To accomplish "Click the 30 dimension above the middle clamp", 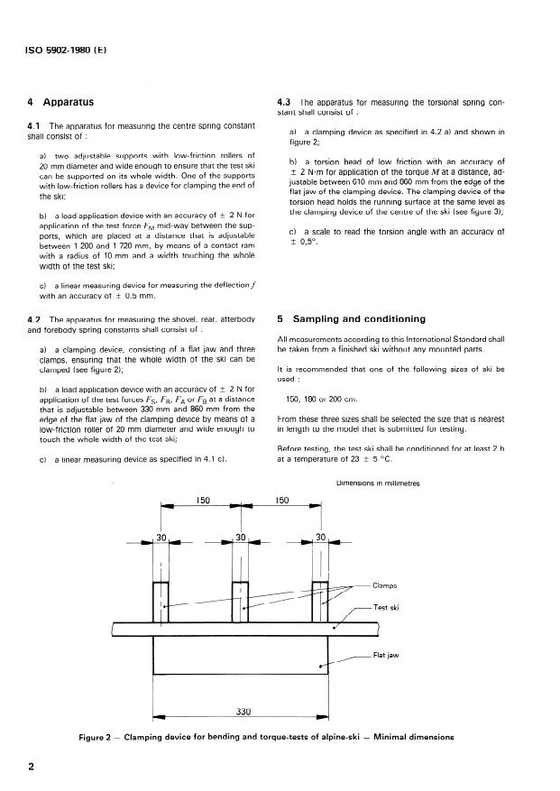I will point(240,538).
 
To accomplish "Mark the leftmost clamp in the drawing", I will point(161,600).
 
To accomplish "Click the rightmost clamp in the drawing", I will point(319,600).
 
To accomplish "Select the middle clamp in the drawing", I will point(240,600).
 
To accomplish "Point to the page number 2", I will point(31,768).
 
